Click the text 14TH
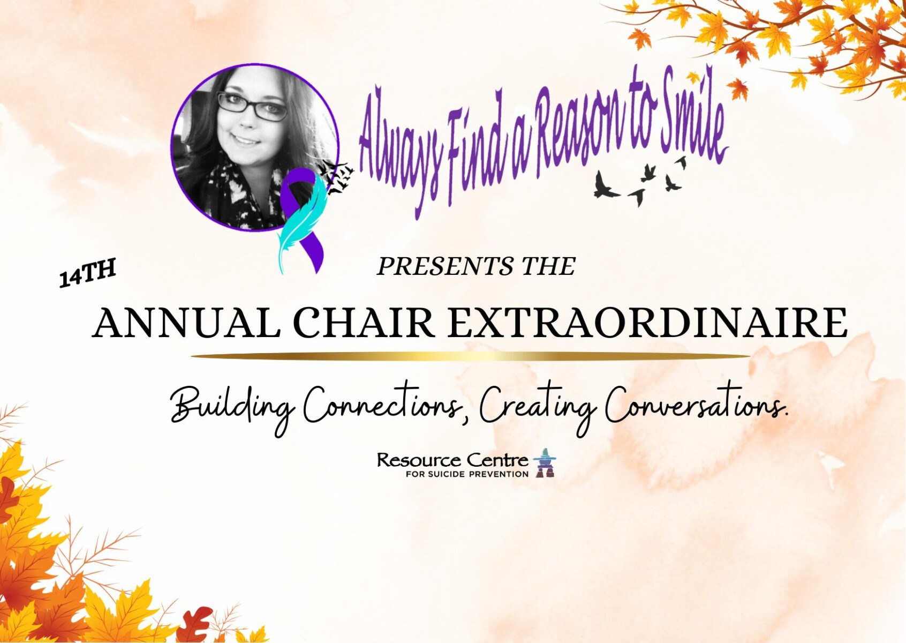pos(87,273)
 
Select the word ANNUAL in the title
pos(186,323)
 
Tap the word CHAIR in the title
pos(364,323)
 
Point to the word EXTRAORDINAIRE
pos(647,323)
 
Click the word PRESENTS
pos(445,266)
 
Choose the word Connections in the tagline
pos(382,407)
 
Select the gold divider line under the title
pos(470,356)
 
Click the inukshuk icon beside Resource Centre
pos(545,463)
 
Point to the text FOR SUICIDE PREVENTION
pos(467,474)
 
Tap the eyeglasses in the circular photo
pos(252,106)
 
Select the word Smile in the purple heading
pos(692,117)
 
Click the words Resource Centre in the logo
pos(452,460)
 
